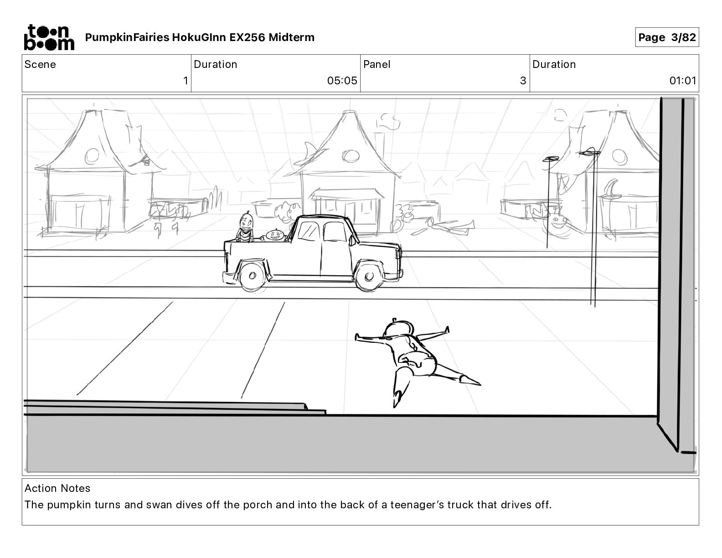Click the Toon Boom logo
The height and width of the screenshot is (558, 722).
49,37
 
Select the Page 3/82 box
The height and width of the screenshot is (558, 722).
667,37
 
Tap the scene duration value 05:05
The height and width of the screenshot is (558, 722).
342,81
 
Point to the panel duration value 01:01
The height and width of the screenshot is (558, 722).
682,81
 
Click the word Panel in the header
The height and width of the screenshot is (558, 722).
377,64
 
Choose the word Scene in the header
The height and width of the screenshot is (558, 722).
40,64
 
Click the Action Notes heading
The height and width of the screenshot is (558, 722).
57,488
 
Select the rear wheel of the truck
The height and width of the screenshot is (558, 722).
251,276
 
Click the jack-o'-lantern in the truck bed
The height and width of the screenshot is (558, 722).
275,235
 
